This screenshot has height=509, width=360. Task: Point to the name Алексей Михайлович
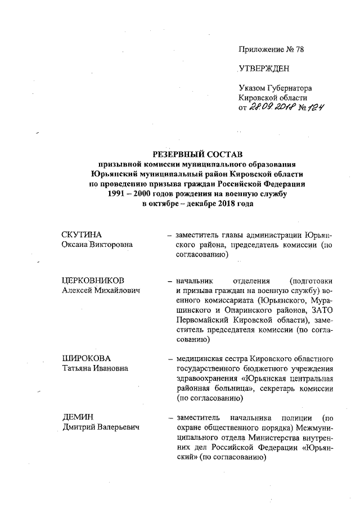(101, 290)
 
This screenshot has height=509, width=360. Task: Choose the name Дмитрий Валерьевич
(101, 428)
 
